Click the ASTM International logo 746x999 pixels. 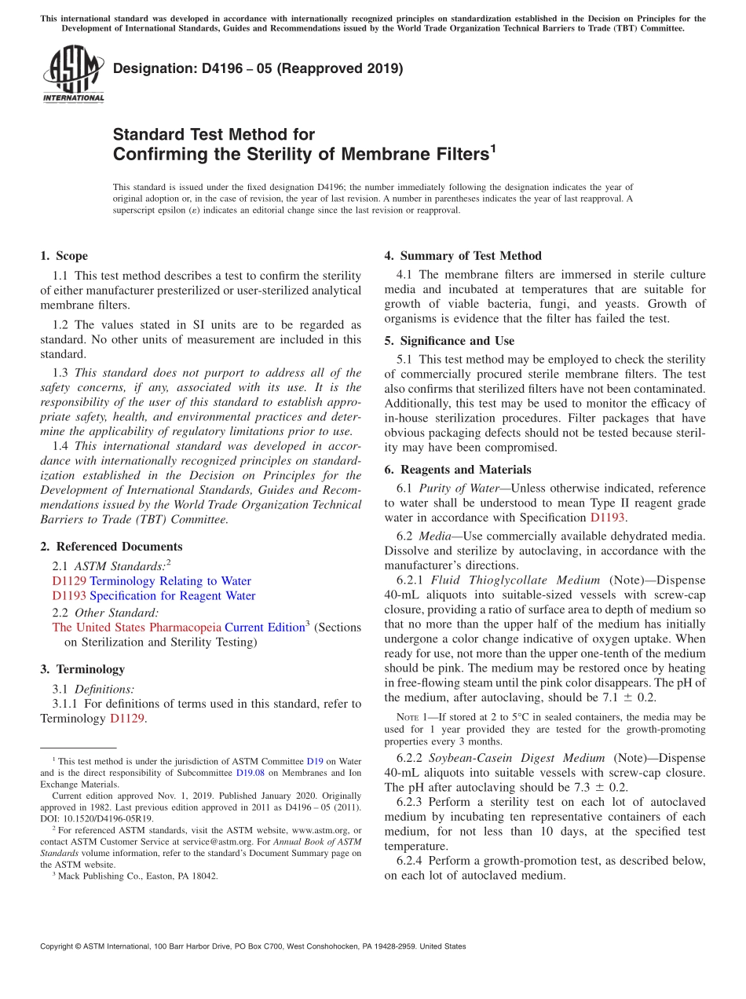(x=73, y=74)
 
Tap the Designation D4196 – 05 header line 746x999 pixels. (x=258, y=68)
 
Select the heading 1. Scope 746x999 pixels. (x=64, y=256)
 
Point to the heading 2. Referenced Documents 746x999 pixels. (x=111, y=547)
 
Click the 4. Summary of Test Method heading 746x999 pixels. (x=463, y=256)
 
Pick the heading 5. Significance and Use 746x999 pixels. (x=449, y=341)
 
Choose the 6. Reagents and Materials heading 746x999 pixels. (x=457, y=470)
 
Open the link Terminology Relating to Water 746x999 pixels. (x=170, y=581)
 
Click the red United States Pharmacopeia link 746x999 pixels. (x=137, y=627)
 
